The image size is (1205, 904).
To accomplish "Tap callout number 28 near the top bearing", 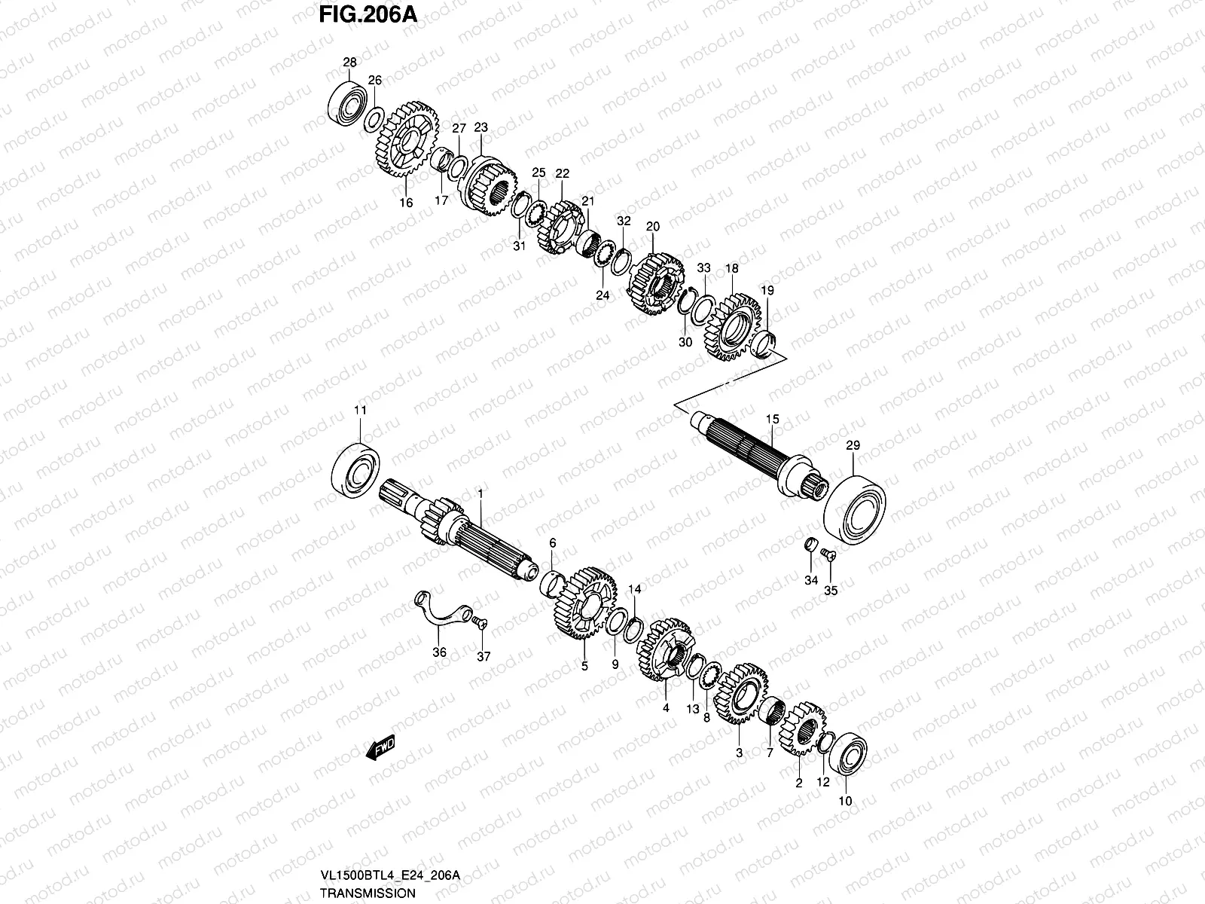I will [349, 62].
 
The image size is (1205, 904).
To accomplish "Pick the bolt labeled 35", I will [826, 555].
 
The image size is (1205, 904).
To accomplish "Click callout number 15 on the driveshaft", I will [771, 418].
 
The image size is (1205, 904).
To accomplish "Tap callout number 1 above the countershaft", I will [480, 493].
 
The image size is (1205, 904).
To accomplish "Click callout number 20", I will [652, 226].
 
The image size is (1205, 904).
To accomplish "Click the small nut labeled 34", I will [810, 545].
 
